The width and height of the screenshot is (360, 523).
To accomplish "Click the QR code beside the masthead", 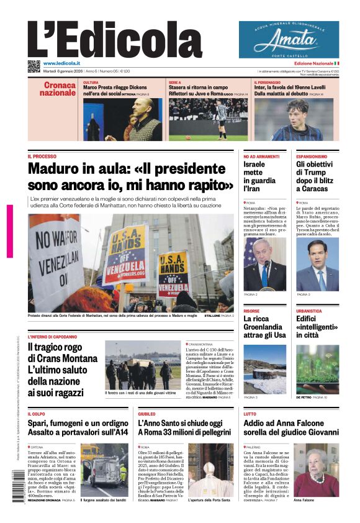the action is pos(34,66).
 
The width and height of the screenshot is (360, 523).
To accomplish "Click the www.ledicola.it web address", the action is pos(61,63).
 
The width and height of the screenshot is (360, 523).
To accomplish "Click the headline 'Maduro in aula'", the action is pos(130,177).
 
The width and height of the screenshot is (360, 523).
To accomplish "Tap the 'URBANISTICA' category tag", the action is pos(309,311).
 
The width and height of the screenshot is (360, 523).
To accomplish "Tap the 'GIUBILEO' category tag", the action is pos(147,413).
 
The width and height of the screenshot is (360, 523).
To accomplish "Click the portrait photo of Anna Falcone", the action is pos(316,469).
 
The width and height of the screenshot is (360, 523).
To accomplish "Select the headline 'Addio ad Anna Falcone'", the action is pos(290,427).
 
